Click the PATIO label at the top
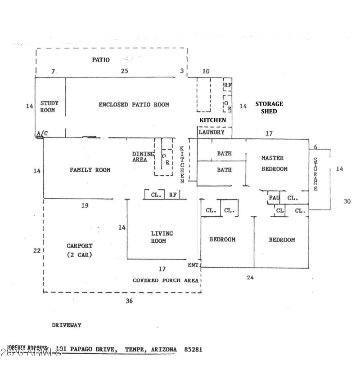coord(101,60)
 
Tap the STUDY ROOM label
coord(49,107)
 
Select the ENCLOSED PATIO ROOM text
coord(134,105)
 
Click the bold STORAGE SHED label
coord(269,107)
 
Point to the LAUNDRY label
coord(211,133)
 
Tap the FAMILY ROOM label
coord(90,170)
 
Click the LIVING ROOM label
coord(162,237)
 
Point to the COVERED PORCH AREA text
coord(165,280)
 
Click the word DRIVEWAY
coord(66,325)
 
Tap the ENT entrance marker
coord(193,265)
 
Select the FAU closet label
coord(274,198)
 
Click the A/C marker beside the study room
coord(42,133)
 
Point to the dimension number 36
coord(129,301)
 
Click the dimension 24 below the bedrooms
coord(250,278)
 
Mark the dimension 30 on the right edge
coord(346,201)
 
